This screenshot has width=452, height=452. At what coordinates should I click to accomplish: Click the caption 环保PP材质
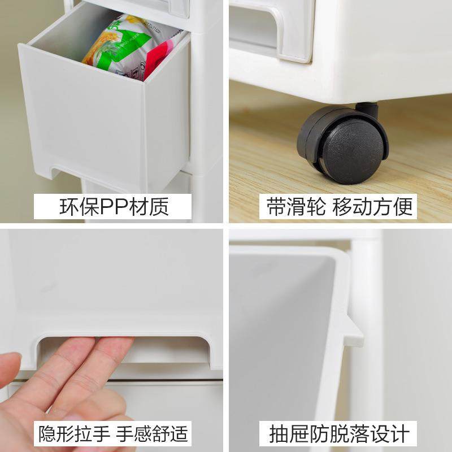pos(114,207)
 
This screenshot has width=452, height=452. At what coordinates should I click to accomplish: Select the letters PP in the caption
pos(115,207)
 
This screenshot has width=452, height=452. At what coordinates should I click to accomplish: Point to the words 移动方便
pos(372,207)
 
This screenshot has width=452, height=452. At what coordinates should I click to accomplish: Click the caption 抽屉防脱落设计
pos(338,434)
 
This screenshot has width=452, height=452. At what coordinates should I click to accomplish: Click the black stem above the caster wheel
pos(367,107)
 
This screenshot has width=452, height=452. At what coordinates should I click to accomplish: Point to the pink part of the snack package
pos(167,59)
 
